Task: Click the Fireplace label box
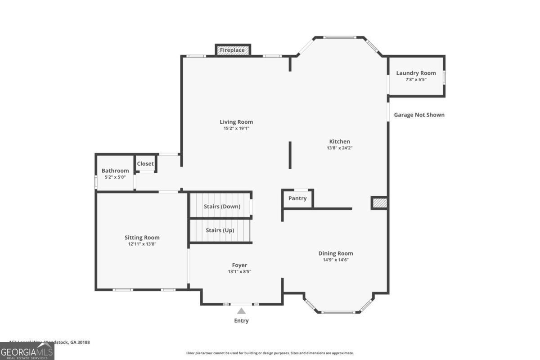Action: click(232, 50)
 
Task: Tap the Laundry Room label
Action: click(416, 73)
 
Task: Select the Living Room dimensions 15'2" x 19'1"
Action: click(236, 128)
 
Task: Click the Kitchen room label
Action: click(339, 141)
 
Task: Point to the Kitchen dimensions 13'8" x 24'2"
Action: click(339, 148)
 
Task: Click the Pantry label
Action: click(297, 198)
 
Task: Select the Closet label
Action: click(145, 164)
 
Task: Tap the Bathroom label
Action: click(115, 171)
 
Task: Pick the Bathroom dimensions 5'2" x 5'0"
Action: click(115, 177)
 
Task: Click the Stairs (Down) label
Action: click(222, 206)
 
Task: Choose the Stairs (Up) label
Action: click(220, 230)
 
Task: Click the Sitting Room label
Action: click(142, 238)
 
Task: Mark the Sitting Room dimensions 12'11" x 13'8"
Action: click(142, 244)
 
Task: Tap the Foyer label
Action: click(239, 265)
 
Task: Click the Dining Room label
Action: click(336, 253)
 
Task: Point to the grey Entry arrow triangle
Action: click(242, 311)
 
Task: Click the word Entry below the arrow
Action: click(241, 320)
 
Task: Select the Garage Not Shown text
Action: click(419, 115)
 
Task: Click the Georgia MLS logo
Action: click(27, 351)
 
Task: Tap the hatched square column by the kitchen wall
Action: click(379, 203)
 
